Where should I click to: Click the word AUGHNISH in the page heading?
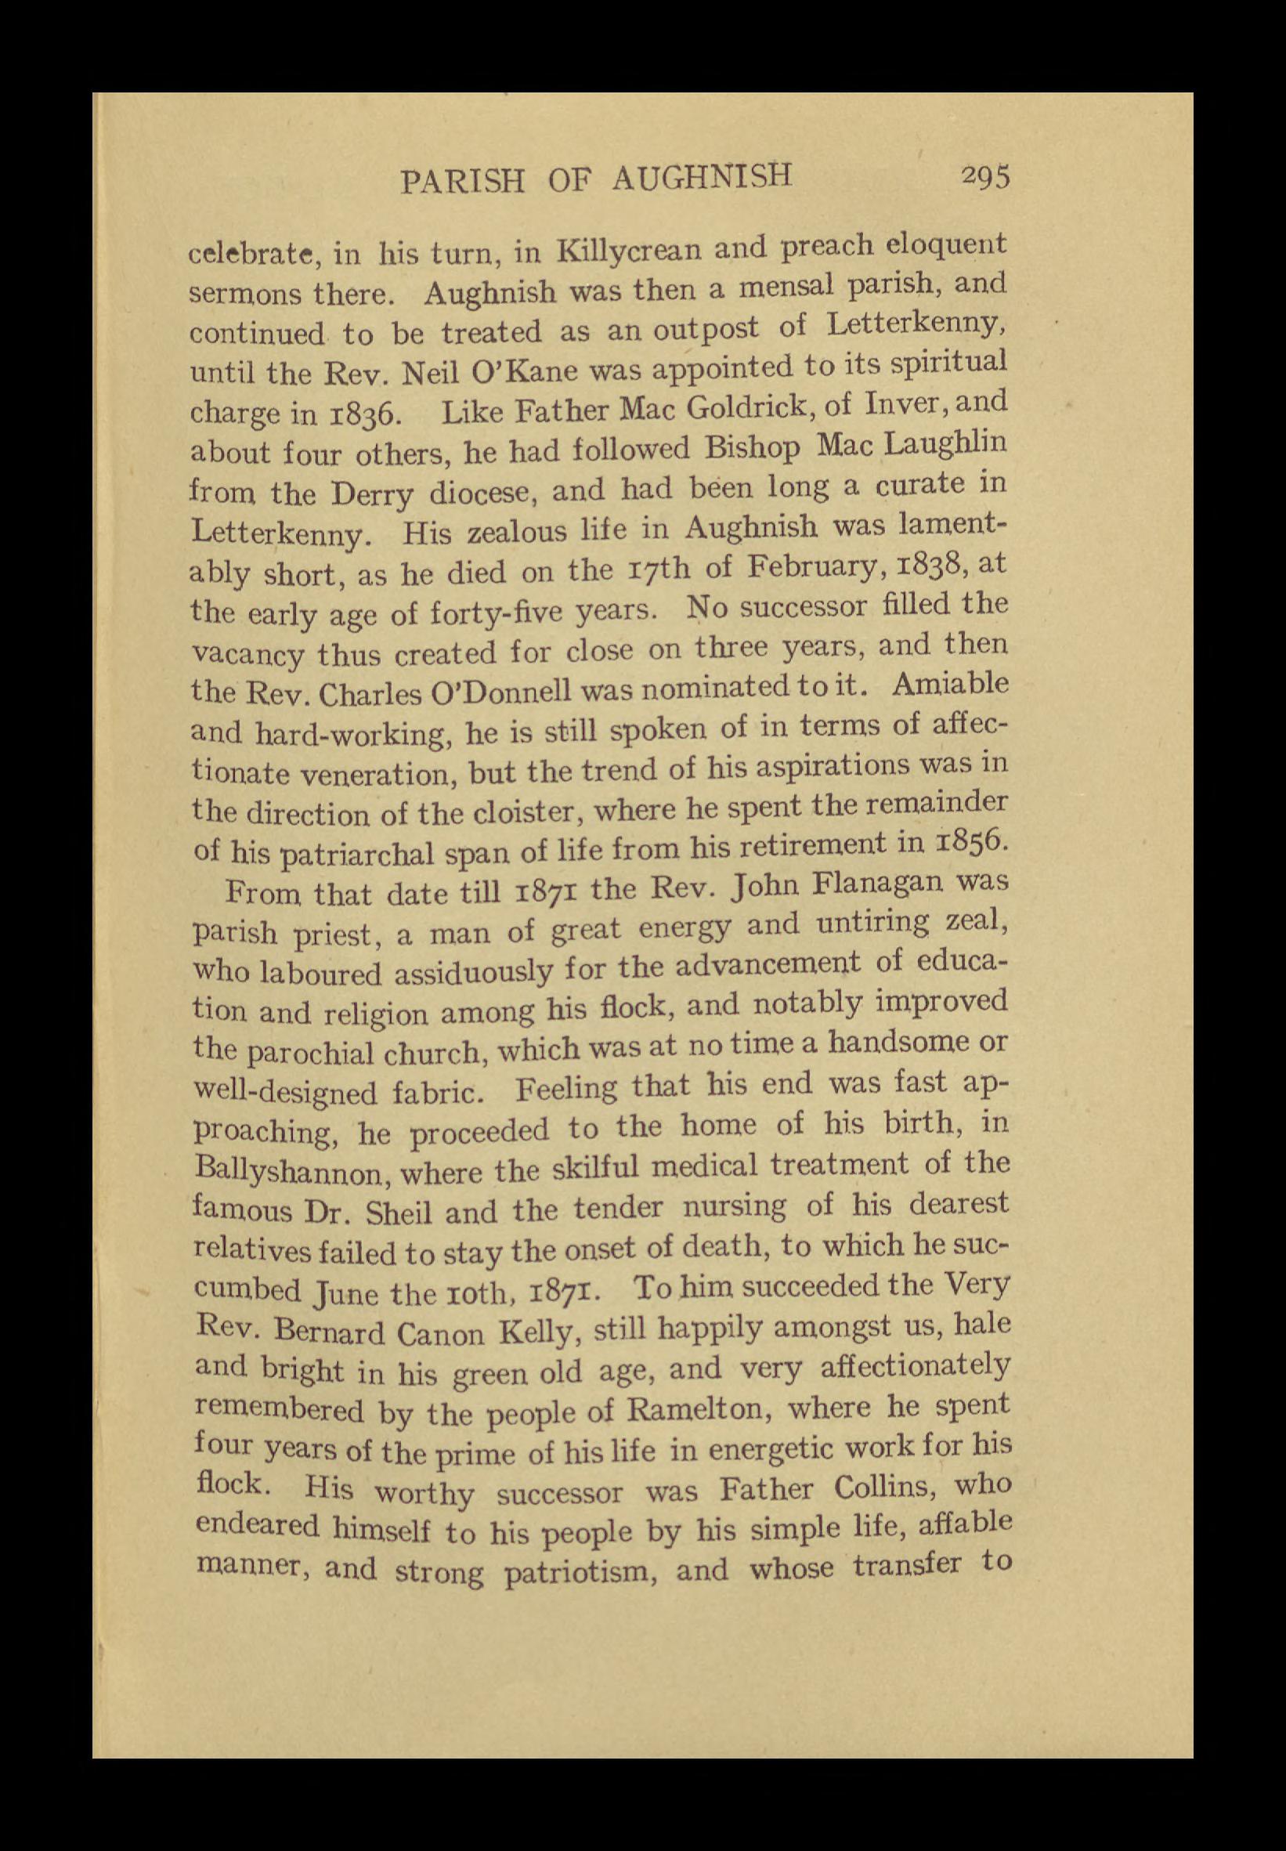coord(703,178)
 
